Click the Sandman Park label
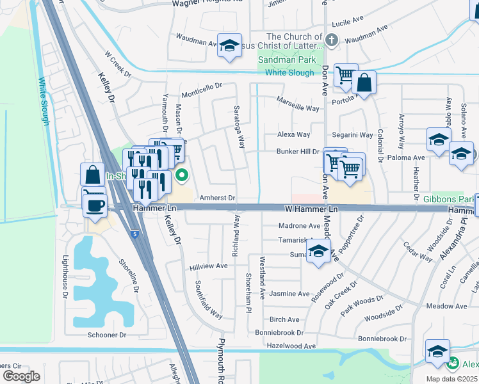286,60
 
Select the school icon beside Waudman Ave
229,46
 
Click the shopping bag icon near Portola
364,83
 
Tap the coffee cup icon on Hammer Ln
95,205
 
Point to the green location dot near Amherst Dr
182,174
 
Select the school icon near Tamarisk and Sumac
318,253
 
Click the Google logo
21,376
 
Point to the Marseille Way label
298,104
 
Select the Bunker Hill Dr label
297,152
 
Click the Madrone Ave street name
299,226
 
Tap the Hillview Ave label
208,266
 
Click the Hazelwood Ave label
292,346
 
